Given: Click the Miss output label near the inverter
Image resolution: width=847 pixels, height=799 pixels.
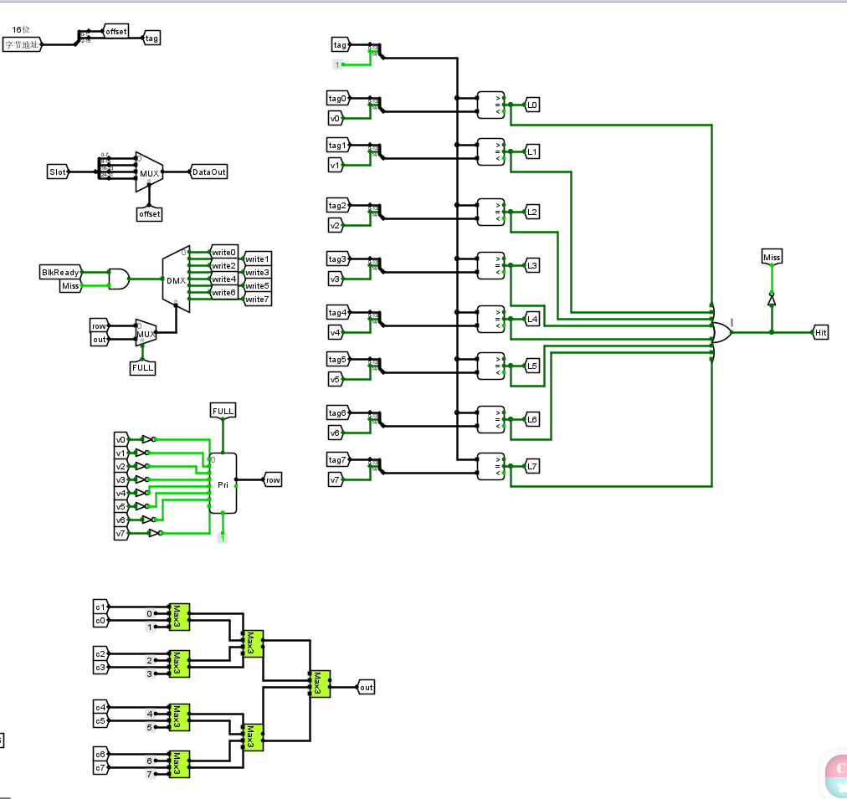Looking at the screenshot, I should click(x=772, y=257).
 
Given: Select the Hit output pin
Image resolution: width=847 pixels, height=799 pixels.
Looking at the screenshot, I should click(x=821, y=332).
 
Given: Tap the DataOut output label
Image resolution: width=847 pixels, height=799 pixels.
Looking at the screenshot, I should click(x=209, y=172).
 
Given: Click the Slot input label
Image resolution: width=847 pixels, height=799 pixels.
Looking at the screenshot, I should click(x=58, y=172).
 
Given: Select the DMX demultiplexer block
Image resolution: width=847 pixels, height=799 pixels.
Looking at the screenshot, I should click(x=176, y=280).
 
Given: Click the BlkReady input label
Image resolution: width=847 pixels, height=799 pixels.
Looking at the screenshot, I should click(x=61, y=272).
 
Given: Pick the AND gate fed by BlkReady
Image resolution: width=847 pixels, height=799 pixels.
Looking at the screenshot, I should click(x=119, y=279).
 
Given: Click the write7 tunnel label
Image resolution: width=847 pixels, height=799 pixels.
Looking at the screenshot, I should click(x=257, y=299).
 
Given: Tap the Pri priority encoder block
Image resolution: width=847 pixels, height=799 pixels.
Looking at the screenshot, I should click(x=223, y=484).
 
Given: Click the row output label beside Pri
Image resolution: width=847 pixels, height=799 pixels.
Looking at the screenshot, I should click(x=273, y=479).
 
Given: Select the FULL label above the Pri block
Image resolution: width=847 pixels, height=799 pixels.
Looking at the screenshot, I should click(x=223, y=411).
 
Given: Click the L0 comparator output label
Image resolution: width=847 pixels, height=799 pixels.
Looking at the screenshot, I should click(x=532, y=105).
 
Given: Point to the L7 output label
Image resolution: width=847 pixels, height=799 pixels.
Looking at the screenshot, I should click(x=532, y=466).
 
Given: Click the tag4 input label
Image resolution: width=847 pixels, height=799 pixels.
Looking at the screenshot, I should click(x=338, y=313).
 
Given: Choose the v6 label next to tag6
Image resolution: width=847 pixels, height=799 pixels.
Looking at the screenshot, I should click(x=335, y=433).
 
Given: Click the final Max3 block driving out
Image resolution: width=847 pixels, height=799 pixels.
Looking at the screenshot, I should click(x=319, y=684).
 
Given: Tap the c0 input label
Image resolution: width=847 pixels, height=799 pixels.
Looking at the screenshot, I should click(x=100, y=620).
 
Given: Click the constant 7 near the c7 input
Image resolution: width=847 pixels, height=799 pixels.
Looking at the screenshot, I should click(x=150, y=774).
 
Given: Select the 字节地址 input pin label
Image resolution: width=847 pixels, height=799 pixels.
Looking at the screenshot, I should click(x=22, y=44).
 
